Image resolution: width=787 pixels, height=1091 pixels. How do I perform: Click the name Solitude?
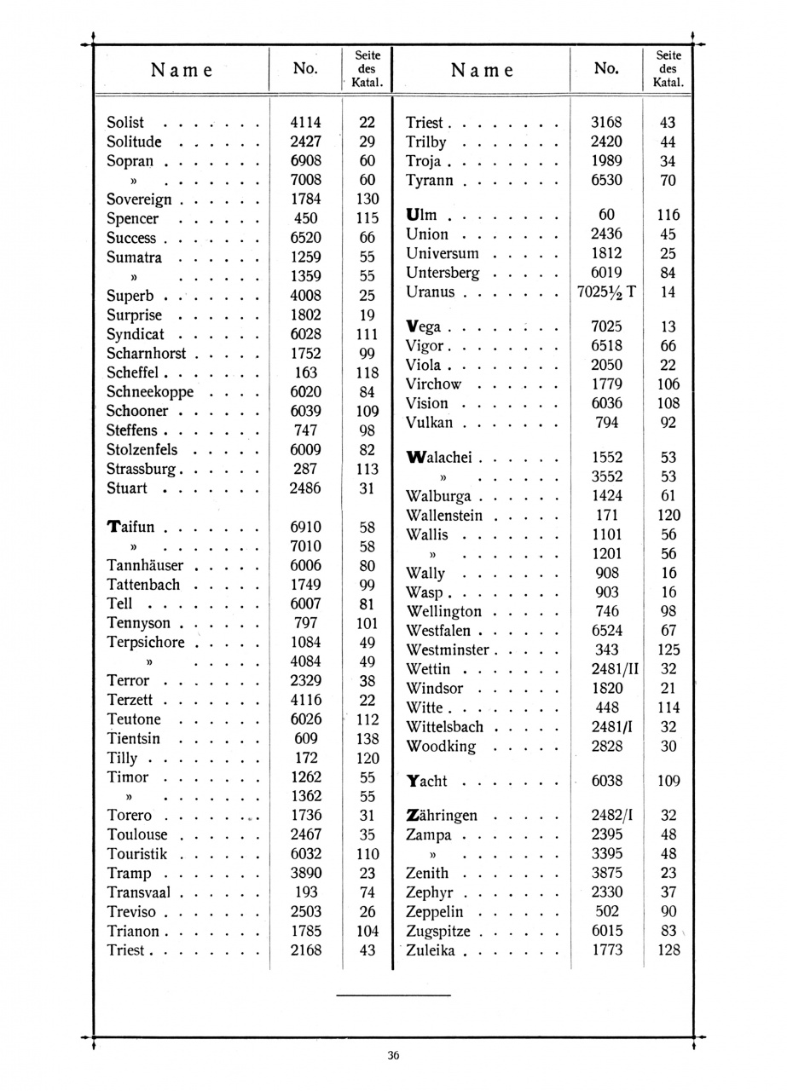(134, 141)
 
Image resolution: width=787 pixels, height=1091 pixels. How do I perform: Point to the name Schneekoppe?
(150, 392)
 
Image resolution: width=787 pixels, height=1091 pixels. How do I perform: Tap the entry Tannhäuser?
(145, 566)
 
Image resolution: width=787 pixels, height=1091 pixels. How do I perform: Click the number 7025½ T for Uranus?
(606, 292)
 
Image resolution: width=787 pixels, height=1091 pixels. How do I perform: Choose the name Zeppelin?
(441, 912)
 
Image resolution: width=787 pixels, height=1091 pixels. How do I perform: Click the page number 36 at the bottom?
(393, 1055)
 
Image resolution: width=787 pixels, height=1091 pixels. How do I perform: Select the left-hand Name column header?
(182, 70)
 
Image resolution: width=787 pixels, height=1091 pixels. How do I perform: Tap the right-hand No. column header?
(606, 68)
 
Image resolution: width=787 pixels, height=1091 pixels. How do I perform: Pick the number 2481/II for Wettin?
(606, 669)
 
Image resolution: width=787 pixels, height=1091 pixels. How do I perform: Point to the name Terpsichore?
(146, 643)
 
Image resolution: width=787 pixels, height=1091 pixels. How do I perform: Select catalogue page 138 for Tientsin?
(367, 739)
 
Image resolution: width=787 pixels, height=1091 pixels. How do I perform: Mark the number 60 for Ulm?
(606, 215)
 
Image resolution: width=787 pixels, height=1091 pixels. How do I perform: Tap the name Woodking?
(441, 747)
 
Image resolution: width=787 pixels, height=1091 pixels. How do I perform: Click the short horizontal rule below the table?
(392, 995)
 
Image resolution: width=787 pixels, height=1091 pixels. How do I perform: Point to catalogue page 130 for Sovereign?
(367, 199)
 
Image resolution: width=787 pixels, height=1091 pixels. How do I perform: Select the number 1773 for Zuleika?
(606, 950)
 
